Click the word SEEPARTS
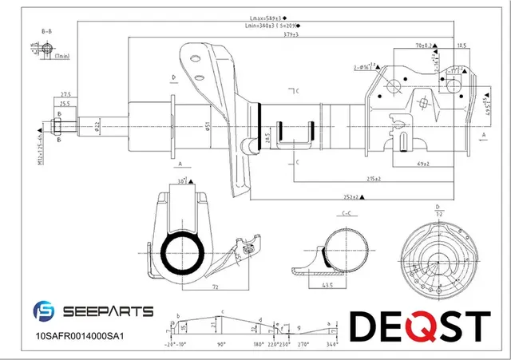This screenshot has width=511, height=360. click(x=108, y=311)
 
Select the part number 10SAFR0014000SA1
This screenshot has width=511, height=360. click(x=80, y=337)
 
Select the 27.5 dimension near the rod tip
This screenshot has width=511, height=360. click(x=65, y=94)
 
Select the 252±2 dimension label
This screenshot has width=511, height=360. click(x=347, y=196)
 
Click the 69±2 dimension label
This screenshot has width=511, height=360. click(x=424, y=164)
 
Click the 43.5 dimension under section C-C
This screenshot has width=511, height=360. click(x=327, y=285)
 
